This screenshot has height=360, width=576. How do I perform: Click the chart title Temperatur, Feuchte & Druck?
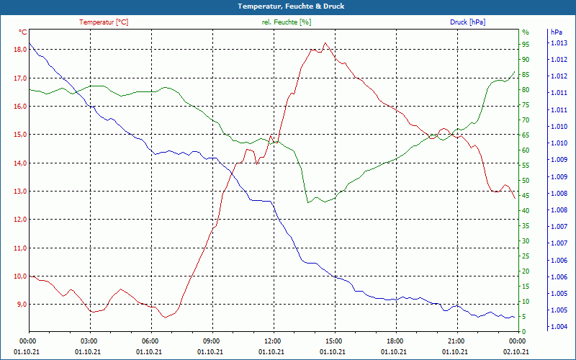point(287,6)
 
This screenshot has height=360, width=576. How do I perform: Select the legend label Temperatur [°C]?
point(104,22)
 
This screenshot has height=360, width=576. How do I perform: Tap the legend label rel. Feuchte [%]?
point(286,22)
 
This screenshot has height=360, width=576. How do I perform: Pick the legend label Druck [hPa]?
point(467,22)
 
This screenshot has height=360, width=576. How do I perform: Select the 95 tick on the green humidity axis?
point(525,45)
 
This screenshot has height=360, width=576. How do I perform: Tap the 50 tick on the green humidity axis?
point(525,181)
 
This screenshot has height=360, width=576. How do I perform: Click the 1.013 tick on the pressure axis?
point(559,43)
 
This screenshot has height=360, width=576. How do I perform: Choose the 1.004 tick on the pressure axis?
point(559,326)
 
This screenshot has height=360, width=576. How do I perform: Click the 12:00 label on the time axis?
point(272,341)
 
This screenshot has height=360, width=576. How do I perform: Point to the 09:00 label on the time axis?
point(211,341)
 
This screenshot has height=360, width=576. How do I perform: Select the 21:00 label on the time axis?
point(456,341)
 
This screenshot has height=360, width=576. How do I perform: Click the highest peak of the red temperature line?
point(325,42)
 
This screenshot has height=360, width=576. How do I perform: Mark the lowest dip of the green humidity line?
point(308,202)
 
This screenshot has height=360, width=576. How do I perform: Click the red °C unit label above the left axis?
point(22,32)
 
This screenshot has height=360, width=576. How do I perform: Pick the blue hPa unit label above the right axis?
point(557,32)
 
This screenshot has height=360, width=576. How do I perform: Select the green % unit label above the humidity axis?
point(525,32)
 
